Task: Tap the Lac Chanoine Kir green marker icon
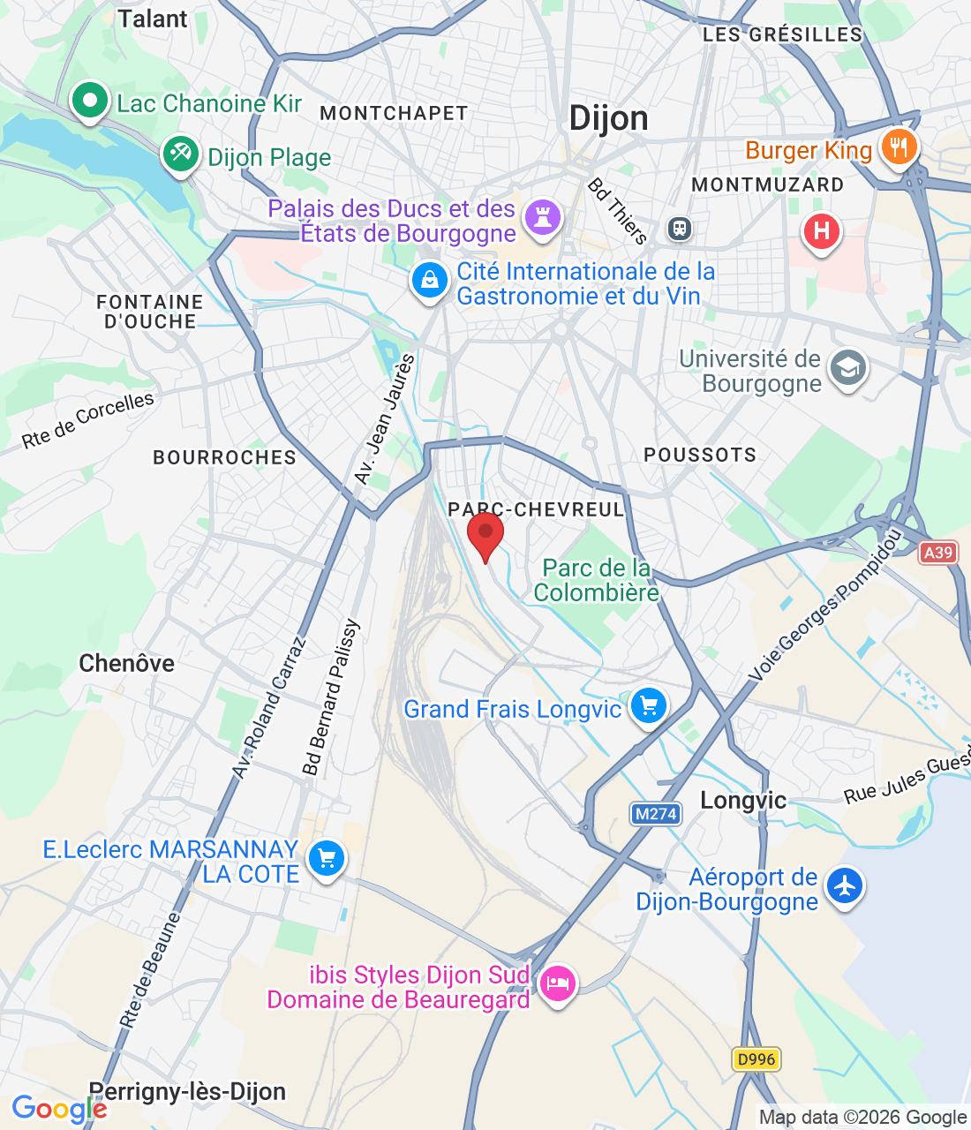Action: tap(89, 102)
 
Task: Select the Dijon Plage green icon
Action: tap(181, 155)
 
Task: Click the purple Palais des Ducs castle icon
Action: tap(542, 217)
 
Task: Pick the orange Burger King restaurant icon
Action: tap(899, 147)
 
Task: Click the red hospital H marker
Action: tap(821, 232)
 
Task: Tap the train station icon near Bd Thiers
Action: tap(679, 229)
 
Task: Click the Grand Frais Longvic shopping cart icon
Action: tap(649, 706)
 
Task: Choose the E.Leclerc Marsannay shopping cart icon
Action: tap(326, 858)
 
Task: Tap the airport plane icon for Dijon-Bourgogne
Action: tap(845, 885)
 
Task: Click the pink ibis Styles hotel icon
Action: tap(557, 983)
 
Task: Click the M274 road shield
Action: tap(656, 814)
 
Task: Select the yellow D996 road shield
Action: tap(756, 1059)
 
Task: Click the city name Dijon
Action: tap(608, 118)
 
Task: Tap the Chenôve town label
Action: tap(126, 663)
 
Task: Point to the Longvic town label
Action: tap(743, 801)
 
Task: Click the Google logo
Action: tap(58, 1109)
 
